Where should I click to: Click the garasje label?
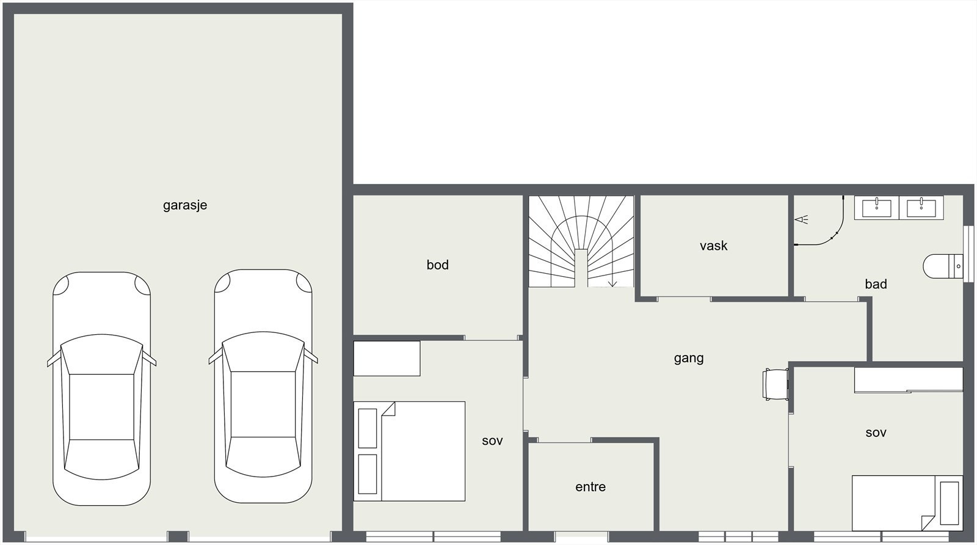point(185,205)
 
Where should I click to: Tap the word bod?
point(437,265)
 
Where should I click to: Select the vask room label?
point(714,246)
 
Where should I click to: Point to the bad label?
point(876,284)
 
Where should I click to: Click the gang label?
point(689,358)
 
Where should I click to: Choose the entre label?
point(590,487)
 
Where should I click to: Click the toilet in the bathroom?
point(943,266)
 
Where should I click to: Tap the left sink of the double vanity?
point(876,208)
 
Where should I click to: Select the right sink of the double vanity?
point(921,208)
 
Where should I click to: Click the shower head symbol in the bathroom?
point(801,219)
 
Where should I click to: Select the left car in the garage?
point(101,389)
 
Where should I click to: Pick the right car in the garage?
point(263,386)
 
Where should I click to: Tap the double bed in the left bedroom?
point(409,451)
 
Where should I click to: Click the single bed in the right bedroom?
point(907,503)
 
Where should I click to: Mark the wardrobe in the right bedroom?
point(909,380)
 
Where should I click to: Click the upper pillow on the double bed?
point(367,428)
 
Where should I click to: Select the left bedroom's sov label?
point(492,441)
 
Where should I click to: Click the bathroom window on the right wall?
point(968,254)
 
